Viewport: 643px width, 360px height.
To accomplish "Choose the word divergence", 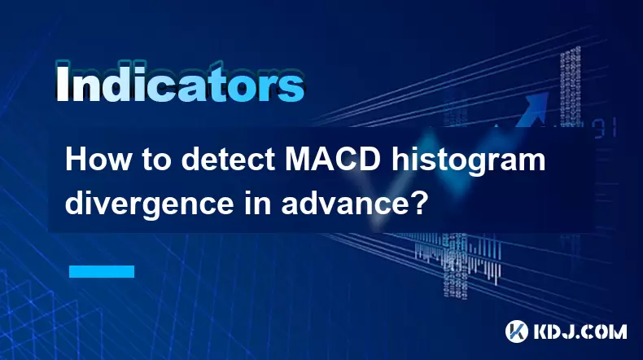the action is [x=149, y=204].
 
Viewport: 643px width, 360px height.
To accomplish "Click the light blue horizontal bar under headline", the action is [x=102, y=271].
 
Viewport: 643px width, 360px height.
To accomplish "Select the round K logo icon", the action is [x=516, y=331].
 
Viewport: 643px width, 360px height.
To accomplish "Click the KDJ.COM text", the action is [x=580, y=331].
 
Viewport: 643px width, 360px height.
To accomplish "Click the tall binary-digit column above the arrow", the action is [x=571, y=86].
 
